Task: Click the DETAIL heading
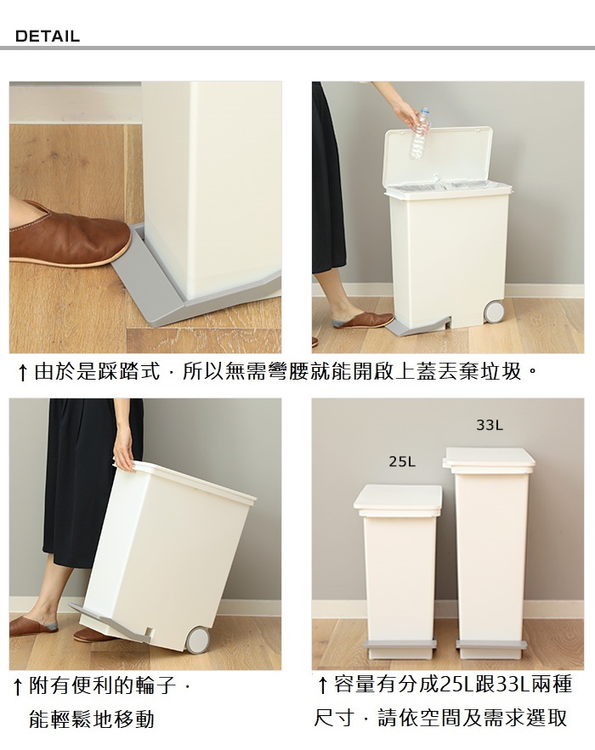tap(47, 37)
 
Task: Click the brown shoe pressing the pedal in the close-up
tap(69, 234)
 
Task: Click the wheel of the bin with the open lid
tap(494, 310)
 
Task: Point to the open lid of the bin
tap(438, 155)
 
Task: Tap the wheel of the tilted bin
tap(196, 640)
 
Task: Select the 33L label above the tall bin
tap(490, 425)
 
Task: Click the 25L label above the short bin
tap(402, 461)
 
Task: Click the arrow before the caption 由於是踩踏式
tap(21, 373)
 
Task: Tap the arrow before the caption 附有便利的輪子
tap(17, 687)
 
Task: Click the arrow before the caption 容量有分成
tap(323, 685)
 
